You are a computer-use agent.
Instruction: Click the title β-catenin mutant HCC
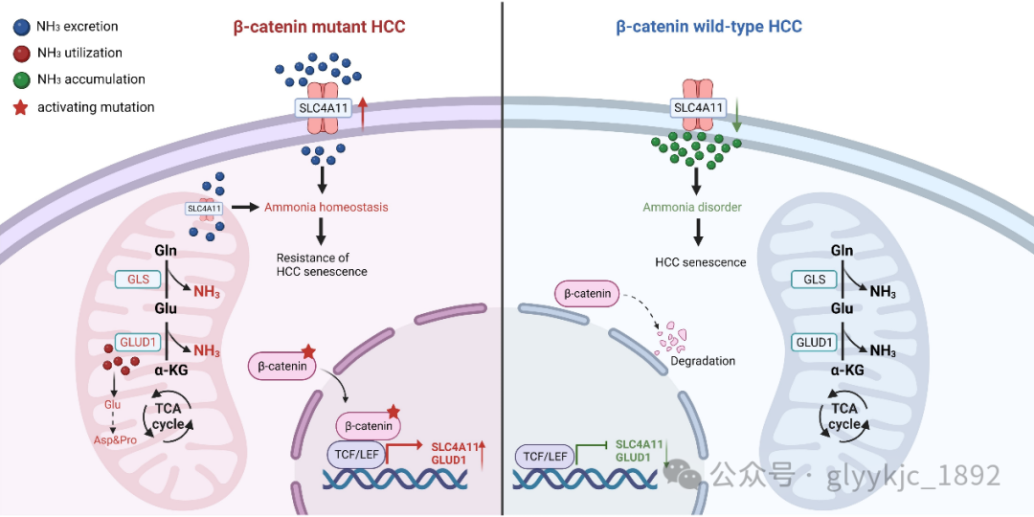[320, 27]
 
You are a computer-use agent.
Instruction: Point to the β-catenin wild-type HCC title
[708, 27]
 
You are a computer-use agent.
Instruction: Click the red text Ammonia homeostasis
[326, 207]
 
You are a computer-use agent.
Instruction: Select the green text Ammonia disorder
[693, 207]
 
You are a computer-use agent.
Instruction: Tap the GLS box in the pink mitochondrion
[134, 279]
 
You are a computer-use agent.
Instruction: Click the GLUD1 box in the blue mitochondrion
[814, 343]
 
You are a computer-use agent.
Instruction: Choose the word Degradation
[703, 361]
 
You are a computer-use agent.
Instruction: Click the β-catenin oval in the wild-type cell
[586, 293]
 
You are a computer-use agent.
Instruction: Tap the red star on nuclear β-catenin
[392, 411]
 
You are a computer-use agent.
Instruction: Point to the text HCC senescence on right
[700, 262]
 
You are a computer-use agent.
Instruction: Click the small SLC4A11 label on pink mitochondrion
[204, 208]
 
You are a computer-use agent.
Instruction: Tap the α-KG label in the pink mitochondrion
[172, 371]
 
